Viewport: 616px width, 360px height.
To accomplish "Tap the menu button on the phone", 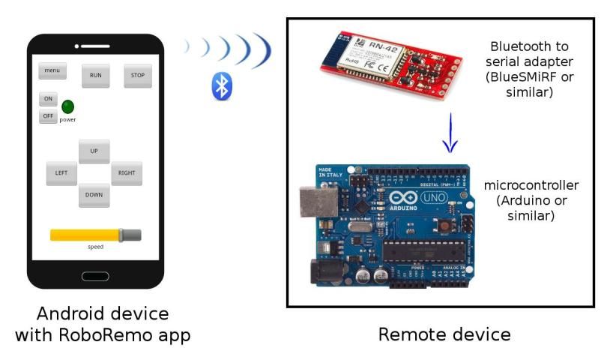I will [x=52, y=71].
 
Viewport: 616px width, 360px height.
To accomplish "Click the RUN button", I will [x=96, y=75].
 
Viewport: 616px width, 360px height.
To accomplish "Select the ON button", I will [x=48, y=99].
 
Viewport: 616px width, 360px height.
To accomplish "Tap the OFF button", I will [x=48, y=116].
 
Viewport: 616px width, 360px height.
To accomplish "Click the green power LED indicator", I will [x=67, y=106].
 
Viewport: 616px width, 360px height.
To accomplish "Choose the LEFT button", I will [x=61, y=172].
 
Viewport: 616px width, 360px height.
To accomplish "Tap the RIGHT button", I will [x=127, y=172].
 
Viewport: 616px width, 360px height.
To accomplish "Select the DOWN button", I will [x=94, y=195].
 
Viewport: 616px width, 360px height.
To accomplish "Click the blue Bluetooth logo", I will [x=221, y=86].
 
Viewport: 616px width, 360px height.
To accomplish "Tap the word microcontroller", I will [x=531, y=185].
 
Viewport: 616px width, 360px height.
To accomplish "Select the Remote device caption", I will [x=444, y=334].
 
